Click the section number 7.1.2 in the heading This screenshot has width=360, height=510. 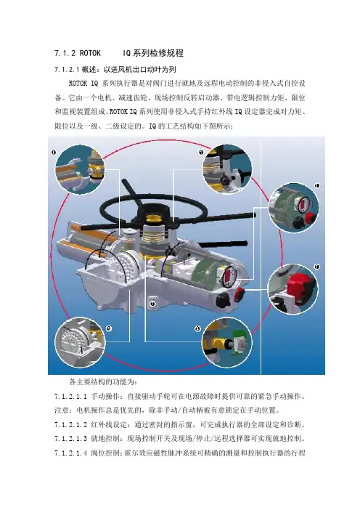[x=65, y=53]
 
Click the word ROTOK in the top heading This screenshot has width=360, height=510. [x=90, y=53]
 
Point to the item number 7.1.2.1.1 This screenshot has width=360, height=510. [x=70, y=397]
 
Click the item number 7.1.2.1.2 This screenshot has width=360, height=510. [x=70, y=424]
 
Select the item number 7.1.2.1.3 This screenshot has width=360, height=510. [x=70, y=439]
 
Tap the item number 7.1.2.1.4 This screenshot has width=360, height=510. [x=70, y=453]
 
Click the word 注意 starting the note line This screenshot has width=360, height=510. [x=62, y=410]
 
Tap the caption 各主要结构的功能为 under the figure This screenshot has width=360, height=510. [x=102, y=381]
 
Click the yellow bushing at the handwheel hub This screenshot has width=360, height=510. [x=152, y=220]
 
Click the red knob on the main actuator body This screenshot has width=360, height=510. [x=240, y=292]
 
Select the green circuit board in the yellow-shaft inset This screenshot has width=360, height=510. [x=239, y=341]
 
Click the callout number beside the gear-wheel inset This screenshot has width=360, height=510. [x=109, y=328]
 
